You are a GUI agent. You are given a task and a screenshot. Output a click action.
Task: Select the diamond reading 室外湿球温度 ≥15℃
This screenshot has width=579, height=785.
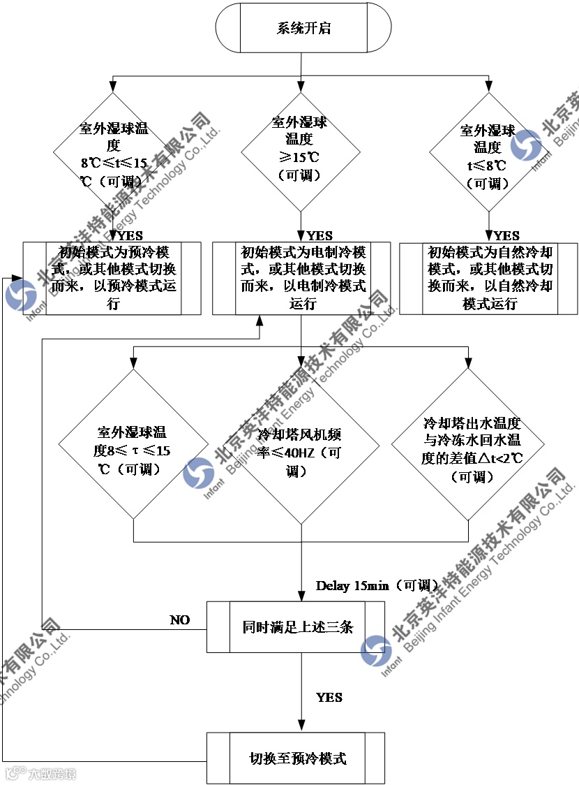pyautogui.click(x=300, y=150)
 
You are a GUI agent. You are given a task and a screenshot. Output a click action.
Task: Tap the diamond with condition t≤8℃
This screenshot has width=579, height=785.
pyautogui.click(x=488, y=152)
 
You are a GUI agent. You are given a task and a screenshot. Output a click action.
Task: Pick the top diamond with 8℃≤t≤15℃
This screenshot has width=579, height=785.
pyautogui.click(x=113, y=152)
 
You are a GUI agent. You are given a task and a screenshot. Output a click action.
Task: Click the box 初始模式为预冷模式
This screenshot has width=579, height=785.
pyautogui.click(x=112, y=278)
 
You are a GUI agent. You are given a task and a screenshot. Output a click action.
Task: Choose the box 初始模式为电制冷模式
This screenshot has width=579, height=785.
pyautogui.click(x=301, y=278)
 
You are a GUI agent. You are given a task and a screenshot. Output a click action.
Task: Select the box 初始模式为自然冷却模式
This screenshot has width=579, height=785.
pyautogui.click(x=488, y=278)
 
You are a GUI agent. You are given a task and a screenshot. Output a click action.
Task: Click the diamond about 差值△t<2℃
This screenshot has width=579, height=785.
pyautogui.click(x=467, y=450)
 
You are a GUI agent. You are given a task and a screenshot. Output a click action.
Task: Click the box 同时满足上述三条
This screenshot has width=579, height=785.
pyautogui.click(x=296, y=626)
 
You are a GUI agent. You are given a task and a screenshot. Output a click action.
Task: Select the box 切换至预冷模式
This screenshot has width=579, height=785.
pyautogui.click(x=296, y=758)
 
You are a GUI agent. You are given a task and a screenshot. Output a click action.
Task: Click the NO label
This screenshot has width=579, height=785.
pyautogui.click(x=180, y=620)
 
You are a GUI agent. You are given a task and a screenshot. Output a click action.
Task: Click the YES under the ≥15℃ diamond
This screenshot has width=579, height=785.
pyautogui.click(x=320, y=236)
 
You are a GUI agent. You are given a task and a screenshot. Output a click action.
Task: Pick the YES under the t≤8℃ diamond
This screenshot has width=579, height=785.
pyautogui.click(x=507, y=236)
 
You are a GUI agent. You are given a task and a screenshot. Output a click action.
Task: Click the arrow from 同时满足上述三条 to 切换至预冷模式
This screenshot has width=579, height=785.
pyautogui.click(x=301, y=691)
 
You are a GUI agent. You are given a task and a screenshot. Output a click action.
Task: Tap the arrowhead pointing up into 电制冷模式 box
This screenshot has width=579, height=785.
pyautogui.click(x=260, y=318)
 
